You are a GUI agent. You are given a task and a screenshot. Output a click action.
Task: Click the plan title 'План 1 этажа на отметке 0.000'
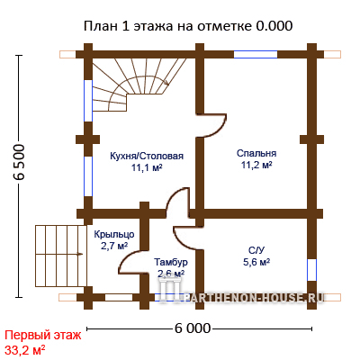coord(188,26)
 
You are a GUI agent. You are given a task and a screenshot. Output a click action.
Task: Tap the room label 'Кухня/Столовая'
coord(147,157)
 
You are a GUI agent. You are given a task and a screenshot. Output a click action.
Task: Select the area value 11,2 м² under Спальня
coord(256,165)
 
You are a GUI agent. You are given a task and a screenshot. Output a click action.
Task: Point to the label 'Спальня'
coord(256,153)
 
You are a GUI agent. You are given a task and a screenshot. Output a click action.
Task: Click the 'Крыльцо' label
coord(114,234)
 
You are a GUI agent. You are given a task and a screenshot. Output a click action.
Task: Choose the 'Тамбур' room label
coord(171,262)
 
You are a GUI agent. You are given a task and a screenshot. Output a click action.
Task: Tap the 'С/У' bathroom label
coord(256,250)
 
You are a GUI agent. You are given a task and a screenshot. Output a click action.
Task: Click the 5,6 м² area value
coord(256,262)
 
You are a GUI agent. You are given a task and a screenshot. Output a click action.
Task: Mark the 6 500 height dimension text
coord(19,162)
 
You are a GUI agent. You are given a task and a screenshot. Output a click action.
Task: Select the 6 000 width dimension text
coord(193,328)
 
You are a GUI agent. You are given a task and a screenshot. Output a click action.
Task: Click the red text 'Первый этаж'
coord(43,335)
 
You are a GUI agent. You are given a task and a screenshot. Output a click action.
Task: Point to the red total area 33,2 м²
coord(25,349)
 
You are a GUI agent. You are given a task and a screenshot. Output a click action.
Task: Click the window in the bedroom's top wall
coord(256,54)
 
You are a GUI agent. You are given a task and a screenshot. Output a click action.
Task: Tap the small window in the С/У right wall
coord(312,270)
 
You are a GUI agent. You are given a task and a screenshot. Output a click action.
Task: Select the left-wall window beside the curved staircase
coord(88,101)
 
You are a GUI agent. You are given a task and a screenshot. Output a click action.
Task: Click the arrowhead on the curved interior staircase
coord(166,83)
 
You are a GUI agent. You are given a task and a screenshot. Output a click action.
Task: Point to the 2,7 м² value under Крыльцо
coord(114,247)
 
